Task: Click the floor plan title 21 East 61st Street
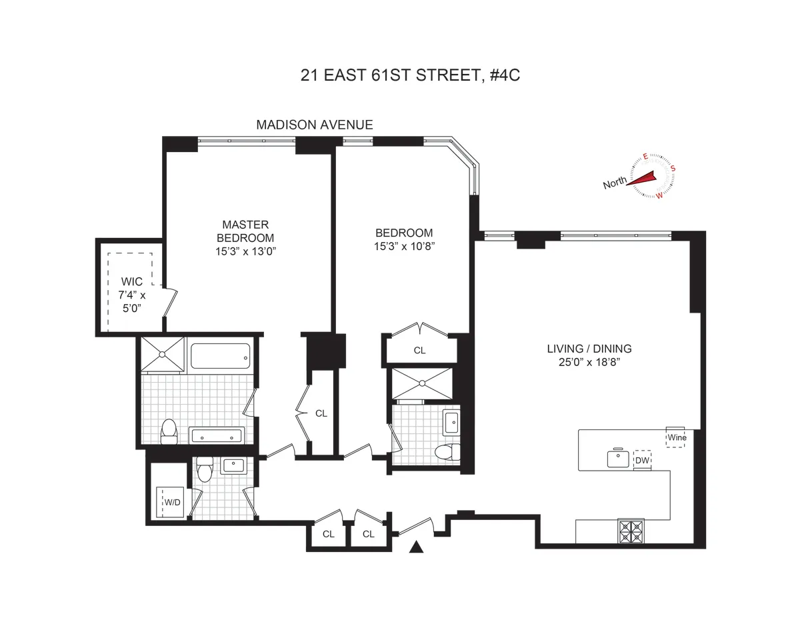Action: pos(409,75)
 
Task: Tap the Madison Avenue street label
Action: pos(315,125)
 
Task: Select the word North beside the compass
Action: pos(614,184)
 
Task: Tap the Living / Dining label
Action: pos(589,349)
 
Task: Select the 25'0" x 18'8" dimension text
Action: pos(589,362)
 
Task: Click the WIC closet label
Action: pos(132,282)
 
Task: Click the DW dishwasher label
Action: pos(642,460)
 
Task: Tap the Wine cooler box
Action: pos(675,437)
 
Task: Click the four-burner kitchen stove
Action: pos(631,531)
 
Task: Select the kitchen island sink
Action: pos(618,459)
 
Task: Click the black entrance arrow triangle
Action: pos(417,547)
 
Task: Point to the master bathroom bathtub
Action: pos(221,355)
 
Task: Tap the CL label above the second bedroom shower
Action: pos(419,350)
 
